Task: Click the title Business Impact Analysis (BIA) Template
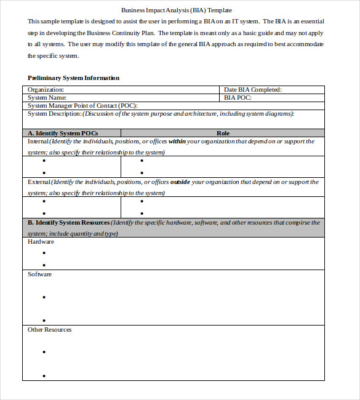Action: [177, 10]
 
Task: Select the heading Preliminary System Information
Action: [73, 78]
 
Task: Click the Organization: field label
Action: [46, 89]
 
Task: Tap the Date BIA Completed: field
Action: [252, 89]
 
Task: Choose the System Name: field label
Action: [46, 97]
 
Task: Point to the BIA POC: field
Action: [238, 97]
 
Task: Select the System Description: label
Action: [55, 113]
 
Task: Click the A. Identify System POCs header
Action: [63, 133]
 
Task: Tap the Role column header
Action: [223, 133]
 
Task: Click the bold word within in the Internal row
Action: [177, 142]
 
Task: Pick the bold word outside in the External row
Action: [180, 182]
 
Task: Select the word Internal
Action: [39, 142]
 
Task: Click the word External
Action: [39, 182]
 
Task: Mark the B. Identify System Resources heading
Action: [69, 222]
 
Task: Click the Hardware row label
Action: [41, 242]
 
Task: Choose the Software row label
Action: [39, 274]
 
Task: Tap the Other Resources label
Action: [49, 330]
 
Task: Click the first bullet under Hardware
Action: [44, 252]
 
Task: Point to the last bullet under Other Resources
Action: [44, 375]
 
